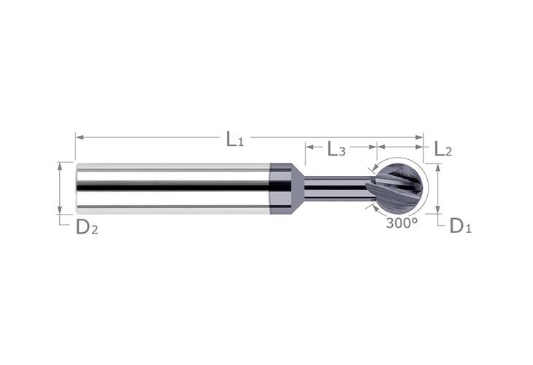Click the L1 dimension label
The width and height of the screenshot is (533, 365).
(234, 139)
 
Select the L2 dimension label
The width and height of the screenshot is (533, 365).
(442, 149)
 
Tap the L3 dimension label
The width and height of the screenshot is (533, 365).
(337, 150)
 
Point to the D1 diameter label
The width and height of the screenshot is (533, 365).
(460, 226)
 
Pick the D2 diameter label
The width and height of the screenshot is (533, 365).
(87, 227)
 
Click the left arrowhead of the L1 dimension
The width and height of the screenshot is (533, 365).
(78, 137)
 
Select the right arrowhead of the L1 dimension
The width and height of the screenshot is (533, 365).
(421, 137)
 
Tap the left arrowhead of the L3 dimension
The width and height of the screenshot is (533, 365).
(308, 147)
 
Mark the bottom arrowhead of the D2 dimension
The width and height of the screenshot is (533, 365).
(60, 212)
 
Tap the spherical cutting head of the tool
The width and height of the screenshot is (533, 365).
(398, 187)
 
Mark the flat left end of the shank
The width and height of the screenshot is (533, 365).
(77, 188)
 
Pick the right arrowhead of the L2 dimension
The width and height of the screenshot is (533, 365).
(421, 147)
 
